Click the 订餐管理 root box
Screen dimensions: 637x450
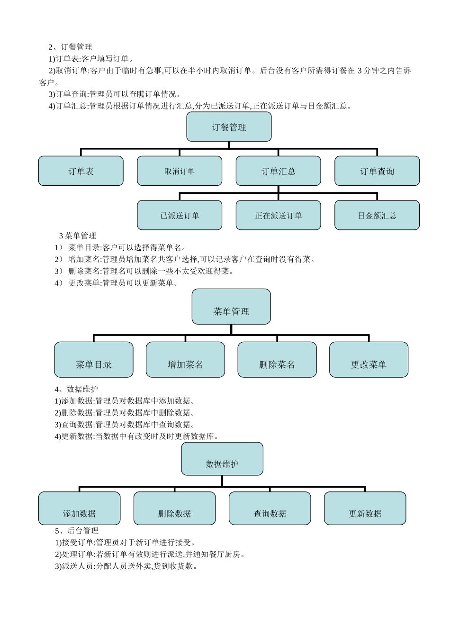point(229,127)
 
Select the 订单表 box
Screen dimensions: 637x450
point(81,171)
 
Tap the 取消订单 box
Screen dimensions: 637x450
point(180,171)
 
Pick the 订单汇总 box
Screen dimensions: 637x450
point(278,171)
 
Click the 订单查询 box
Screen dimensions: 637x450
point(377,171)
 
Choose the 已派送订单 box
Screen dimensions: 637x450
point(180,215)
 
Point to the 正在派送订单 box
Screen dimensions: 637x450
point(278,215)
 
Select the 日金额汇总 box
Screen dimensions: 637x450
point(377,215)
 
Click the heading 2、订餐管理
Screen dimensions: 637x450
point(71,47)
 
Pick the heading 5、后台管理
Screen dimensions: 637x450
point(77,531)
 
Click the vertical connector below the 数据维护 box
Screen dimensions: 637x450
point(222,481)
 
